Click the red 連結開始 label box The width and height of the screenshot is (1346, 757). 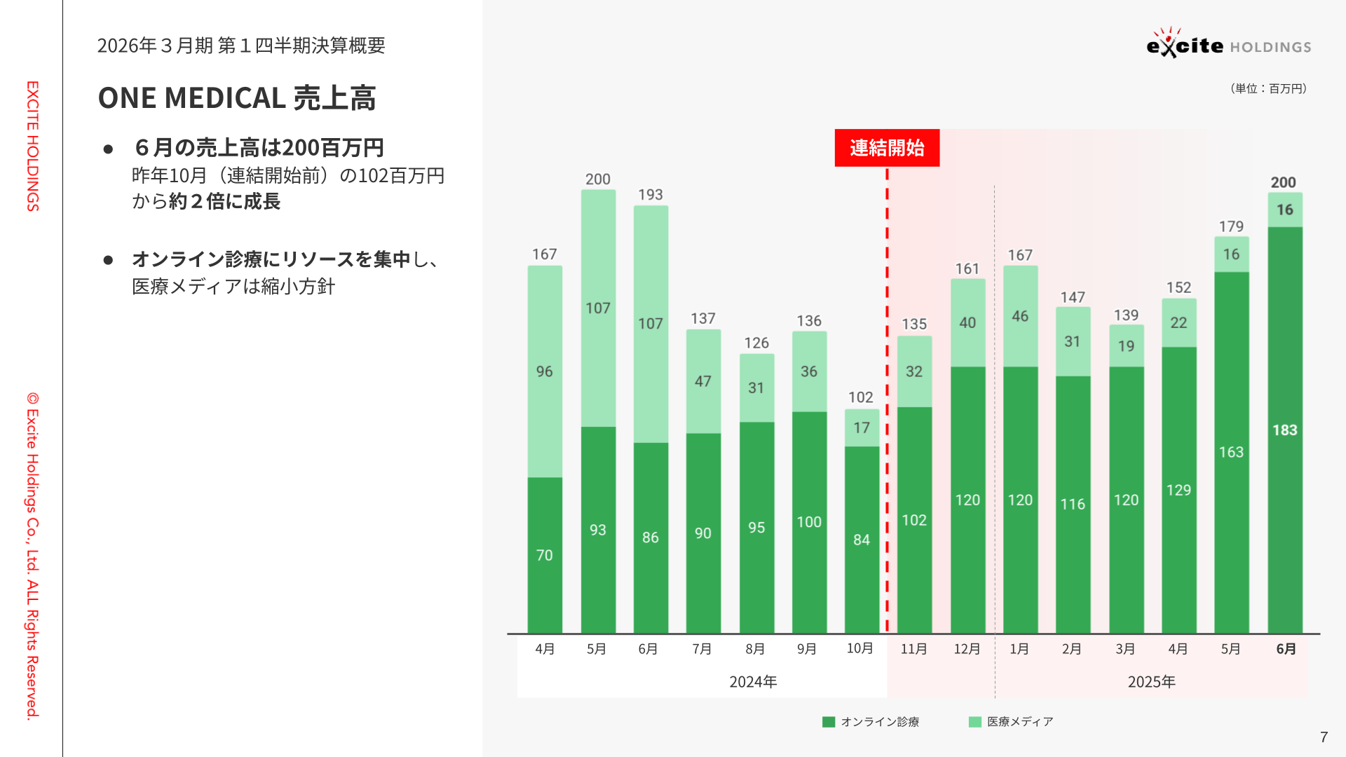tap(887, 148)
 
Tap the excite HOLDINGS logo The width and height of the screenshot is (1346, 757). tap(1228, 44)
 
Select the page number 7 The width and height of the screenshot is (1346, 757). tap(1324, 737)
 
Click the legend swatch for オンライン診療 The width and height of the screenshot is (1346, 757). tap(829, 722)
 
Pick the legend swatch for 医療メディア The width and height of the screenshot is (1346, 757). tap(974, 722)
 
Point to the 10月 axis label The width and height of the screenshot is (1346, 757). tap(860, 648)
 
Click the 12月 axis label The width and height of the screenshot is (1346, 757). tap(967, 649)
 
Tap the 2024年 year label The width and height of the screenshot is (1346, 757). tap(753, 681)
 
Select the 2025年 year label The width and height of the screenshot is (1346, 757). tap(1151, 681)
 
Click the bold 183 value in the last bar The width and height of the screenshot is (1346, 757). tap(1285, 430)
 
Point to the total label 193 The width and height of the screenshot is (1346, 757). tap(650, 195)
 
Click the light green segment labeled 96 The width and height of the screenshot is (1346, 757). tap(545, 371)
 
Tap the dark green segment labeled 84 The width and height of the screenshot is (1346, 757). tap(862, 540)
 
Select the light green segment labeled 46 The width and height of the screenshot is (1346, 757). tap(1020, 316)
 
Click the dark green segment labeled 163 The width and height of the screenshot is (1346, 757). tap(1231, 452)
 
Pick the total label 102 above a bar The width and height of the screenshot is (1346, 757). tap(861, 397)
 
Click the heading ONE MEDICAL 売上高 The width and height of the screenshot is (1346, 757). tap(237, 98)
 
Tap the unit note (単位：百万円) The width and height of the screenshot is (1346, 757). tap(1268, 88)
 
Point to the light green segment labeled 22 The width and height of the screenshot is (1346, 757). tap(1178, 322)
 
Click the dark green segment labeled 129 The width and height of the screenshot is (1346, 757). tap(1178, 490)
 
